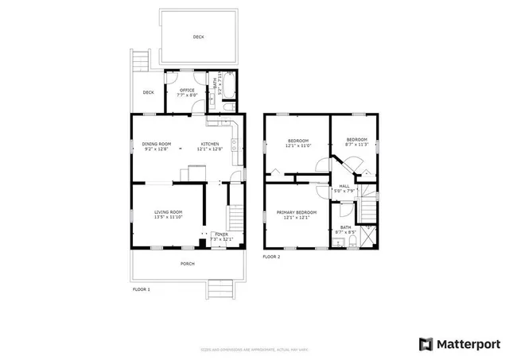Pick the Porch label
(187, 263)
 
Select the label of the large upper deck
(198, 37)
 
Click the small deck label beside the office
(148, 92)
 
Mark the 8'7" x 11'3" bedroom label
(356, 142)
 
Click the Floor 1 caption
(141, 289)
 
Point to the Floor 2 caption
(272, 257)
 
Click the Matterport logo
(459, 343)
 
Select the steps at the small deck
(142, 60)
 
